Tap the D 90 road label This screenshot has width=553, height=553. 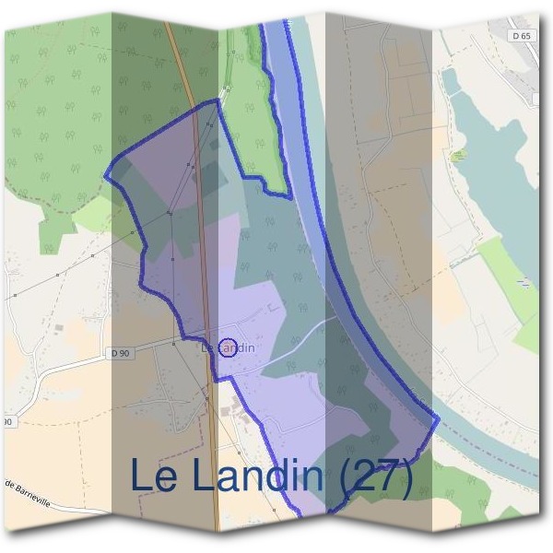coord(120,353)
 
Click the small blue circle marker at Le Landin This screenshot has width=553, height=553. coord(230,347)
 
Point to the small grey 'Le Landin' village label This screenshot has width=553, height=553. coord(227,347)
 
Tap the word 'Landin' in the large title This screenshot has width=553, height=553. coord(253,476)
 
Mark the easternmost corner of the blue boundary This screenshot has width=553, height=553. coord(439,419)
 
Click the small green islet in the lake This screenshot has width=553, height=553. coord(458,156)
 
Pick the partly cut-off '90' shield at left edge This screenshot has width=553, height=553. coord(6,421)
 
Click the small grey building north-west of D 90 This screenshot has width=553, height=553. coord(60,327)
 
